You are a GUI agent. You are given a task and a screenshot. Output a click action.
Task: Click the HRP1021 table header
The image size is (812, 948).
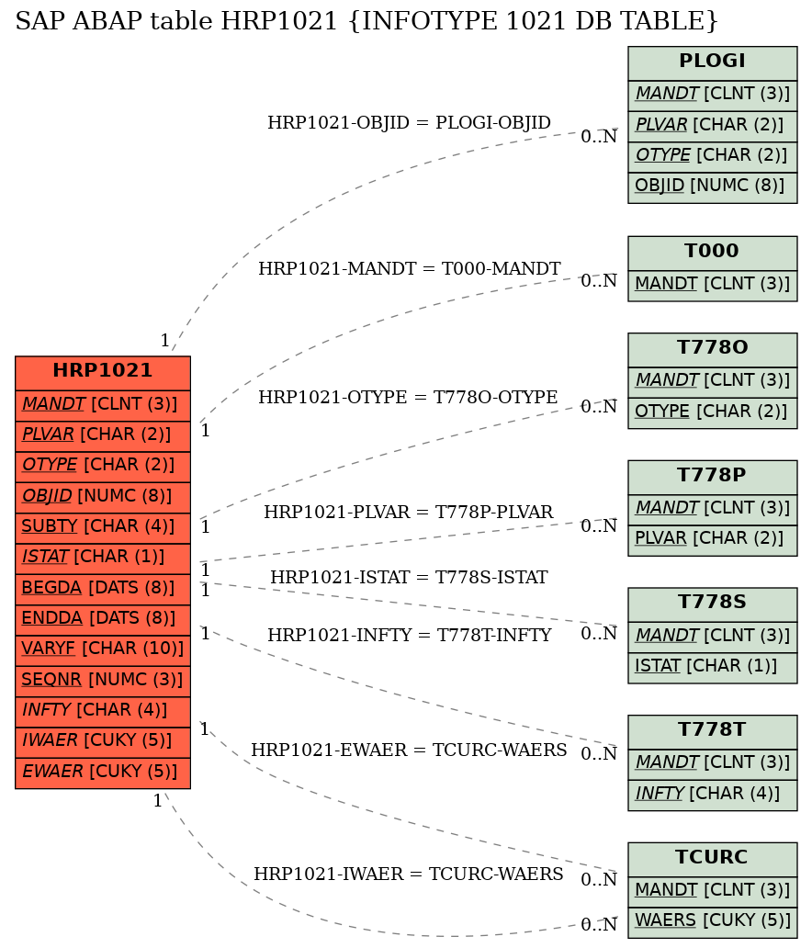coord(103,370)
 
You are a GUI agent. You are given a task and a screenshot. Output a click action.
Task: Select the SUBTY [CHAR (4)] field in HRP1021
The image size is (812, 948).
coord(103,526)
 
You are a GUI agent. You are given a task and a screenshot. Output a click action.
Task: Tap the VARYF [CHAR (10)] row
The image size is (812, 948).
coord(103,649)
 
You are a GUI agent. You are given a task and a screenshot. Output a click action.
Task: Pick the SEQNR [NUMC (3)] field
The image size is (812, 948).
coord(103,680)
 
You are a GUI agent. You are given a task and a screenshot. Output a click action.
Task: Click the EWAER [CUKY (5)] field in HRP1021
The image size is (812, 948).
coord(103,772)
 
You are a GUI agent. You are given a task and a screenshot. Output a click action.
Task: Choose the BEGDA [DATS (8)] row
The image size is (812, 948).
coord(103,588)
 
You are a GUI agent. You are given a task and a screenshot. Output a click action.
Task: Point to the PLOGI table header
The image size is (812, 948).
coord(712,61)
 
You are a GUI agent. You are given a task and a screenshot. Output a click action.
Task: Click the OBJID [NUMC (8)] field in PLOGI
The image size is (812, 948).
coord(712,186)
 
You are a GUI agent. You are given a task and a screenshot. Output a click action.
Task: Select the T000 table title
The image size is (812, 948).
coord(712,251)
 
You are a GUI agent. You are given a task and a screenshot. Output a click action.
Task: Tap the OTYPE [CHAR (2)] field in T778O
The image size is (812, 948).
coord(712,412)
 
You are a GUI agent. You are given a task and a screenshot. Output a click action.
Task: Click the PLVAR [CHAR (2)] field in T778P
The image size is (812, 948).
coord(712,538)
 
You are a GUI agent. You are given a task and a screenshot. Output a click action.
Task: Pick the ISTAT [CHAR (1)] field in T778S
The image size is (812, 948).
coord(712,666)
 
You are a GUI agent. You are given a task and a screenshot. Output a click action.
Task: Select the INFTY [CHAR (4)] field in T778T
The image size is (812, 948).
coord(712,794)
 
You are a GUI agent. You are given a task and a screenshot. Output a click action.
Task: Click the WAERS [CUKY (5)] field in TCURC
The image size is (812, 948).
coord(712,920)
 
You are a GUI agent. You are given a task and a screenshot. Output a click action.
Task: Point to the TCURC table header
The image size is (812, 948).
coord(712,857)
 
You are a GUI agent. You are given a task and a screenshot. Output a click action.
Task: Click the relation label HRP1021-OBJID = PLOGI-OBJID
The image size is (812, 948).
coord(410,123)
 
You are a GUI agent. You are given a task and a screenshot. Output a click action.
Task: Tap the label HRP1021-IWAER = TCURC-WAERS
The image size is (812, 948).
coord(409,875)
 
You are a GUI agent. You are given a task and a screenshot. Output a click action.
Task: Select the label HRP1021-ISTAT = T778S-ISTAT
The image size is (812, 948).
coord(410,578)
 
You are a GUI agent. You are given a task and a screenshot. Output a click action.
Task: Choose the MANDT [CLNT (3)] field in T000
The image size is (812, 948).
coord(712,284)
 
